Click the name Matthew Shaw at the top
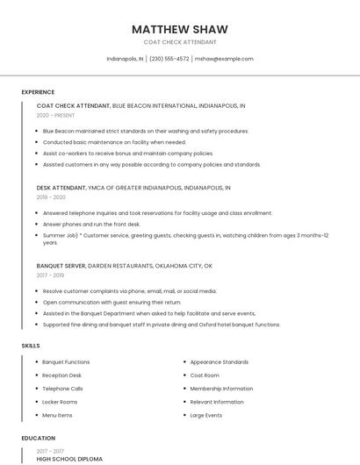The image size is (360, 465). point(179,29)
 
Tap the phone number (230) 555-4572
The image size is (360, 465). point(169,59)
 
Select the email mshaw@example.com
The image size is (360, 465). point(224,59)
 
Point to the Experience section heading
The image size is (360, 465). point(38,92)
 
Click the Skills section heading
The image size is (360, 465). point(31,346)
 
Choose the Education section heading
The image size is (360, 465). point(37,438)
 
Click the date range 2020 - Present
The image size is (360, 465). point(54,115)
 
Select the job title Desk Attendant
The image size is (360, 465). point(61,187)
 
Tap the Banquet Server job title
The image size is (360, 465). point(61,265)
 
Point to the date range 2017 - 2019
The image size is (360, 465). point(51,275)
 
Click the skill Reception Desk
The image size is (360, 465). point(61,375)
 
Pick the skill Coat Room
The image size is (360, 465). point(205,375)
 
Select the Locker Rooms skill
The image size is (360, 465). point(60,402)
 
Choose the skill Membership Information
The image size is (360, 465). point(221,388)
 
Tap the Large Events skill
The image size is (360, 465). point(206,415)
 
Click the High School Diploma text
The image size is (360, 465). point(69,459)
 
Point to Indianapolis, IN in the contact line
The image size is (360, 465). point(125,59)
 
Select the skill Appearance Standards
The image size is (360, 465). point(219,361)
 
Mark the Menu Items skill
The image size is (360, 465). point(57,415)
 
